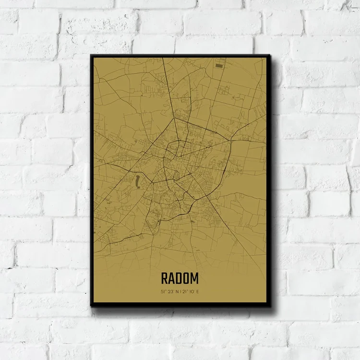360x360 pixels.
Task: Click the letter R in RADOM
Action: (165, 278)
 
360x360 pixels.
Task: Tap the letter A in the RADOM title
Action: (172, 278)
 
